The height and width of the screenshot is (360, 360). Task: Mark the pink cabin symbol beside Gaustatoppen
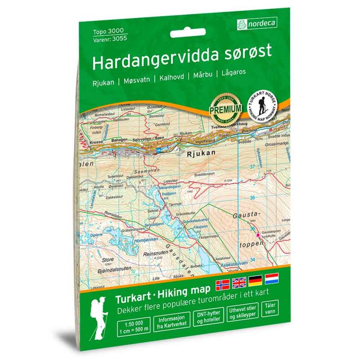coord(258,235)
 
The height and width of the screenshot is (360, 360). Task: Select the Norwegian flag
coord(223,283)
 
